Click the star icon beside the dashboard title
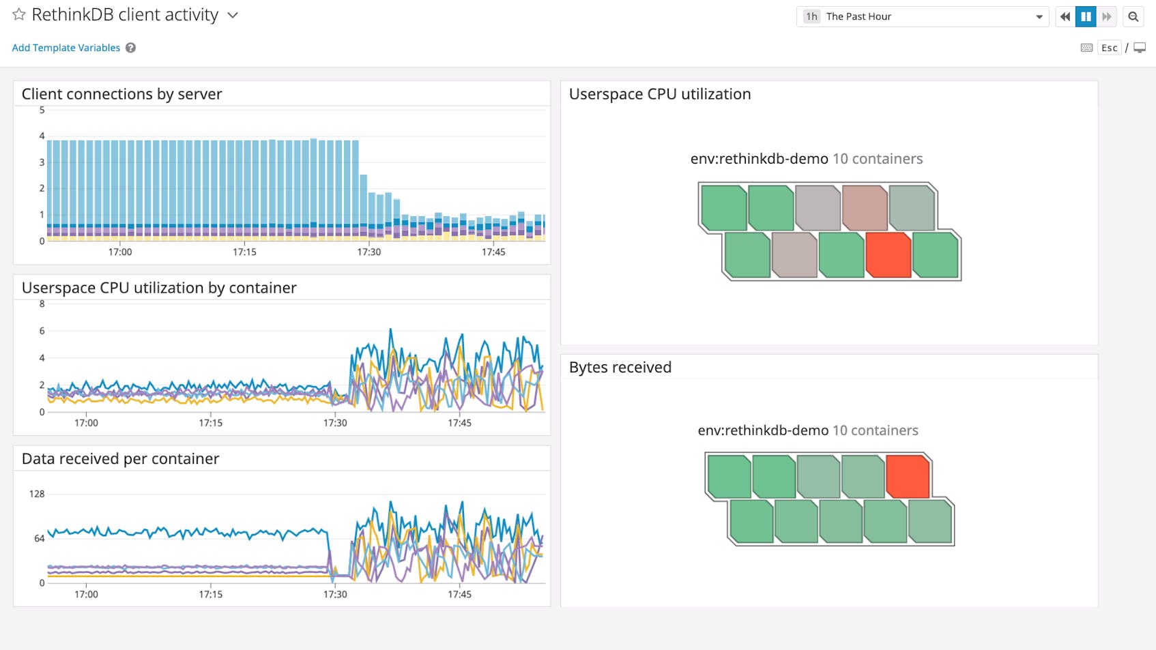(x=19, y=14)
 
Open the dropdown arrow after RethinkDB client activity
(x=233, y=15)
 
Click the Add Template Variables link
(x=66, y=48)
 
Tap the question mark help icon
(x=130, y=48)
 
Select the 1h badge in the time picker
(x=811, y=16)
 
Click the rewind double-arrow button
(x=1065, y=16)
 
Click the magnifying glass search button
(x=1133, y=16)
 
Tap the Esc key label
(x=1109, y=48)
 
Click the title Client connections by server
(x=121, y=94)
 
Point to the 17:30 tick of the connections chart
(x=369, y=252)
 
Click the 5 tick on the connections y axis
(x=42, y=110)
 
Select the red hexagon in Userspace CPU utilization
(x=888, y=255)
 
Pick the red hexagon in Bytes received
(x=908, y=476)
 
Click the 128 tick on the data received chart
(x=37, y=494)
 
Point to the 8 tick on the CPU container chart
(x=42, y=304)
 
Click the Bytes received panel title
(x=620, y=368)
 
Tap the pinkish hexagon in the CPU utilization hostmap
(x=865, y=208)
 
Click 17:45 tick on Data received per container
(x=459, y=594)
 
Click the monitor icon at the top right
(x=1140, y=48)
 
